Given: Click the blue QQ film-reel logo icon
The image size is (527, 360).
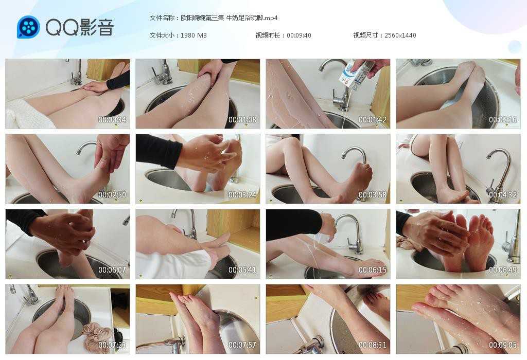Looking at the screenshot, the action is pos(28,27).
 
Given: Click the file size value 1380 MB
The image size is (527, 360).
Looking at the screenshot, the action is pos(194,35).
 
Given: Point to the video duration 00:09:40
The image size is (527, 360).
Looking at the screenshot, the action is pos(299,35).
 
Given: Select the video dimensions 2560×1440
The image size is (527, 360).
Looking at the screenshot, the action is pos(400,35).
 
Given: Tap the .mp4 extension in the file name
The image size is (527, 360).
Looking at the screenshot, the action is pos(271,18).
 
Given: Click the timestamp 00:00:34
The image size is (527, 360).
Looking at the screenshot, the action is pos(112,119).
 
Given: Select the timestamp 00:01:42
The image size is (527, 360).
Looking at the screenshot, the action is pos(373,119).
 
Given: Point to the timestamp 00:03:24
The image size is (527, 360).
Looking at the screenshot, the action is pos(242,195).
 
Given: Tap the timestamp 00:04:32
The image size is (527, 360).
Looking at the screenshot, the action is pos(503,195).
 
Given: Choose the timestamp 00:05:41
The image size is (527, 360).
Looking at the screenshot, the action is pos(242,270).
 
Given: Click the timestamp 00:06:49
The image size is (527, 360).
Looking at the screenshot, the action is pos(503,270).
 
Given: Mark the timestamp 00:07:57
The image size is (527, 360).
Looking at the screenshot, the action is pos(242,345).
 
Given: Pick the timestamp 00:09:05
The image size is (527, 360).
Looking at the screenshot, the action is pos(503,345).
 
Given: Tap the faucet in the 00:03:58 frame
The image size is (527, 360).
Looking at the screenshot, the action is pos(355,158).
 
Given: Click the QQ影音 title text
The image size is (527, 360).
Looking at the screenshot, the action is pos(80,27).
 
